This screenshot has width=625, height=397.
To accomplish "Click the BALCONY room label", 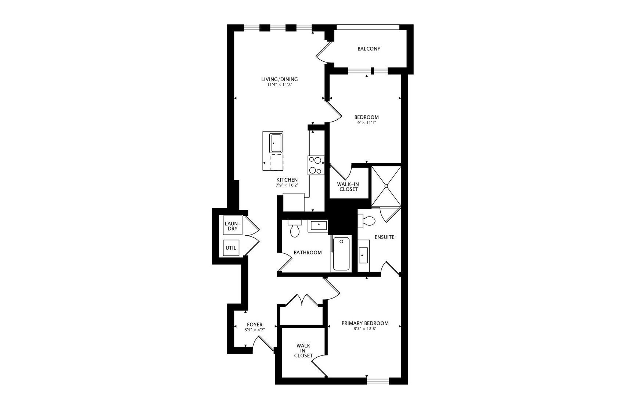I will point(369,49).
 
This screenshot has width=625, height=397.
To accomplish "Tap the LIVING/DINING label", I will point(279,79).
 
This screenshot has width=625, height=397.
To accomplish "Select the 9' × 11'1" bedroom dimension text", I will point(366,123).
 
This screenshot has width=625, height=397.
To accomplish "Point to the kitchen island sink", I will point(276,143).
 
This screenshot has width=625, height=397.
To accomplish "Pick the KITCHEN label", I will point(287,180).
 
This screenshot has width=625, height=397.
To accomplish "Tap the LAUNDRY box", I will point(233,226).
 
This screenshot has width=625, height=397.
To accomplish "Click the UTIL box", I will point(231,248).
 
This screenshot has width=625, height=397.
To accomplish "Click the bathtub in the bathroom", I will point(341,254).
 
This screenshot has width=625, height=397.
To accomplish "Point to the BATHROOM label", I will point(308,253).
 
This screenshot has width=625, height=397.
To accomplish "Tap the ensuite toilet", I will point(367,221).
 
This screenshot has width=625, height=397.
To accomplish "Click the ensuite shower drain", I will point(387,186).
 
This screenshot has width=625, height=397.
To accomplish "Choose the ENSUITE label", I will point(384,237).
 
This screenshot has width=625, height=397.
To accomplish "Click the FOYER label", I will point(255,325).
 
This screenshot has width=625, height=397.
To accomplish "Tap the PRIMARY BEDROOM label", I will point(365,323).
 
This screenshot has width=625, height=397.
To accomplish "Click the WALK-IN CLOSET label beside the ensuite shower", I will point(349,187).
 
